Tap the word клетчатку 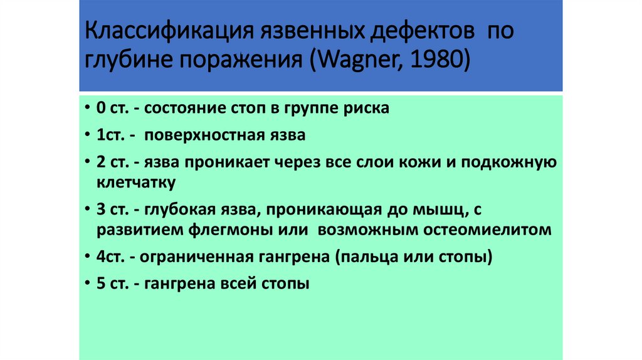pyautogui.click(x=136, y=183)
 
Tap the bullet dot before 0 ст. pyautogui.click(x=85, y=109)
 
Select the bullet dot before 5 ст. pyautogui.click(x=85, y=284)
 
